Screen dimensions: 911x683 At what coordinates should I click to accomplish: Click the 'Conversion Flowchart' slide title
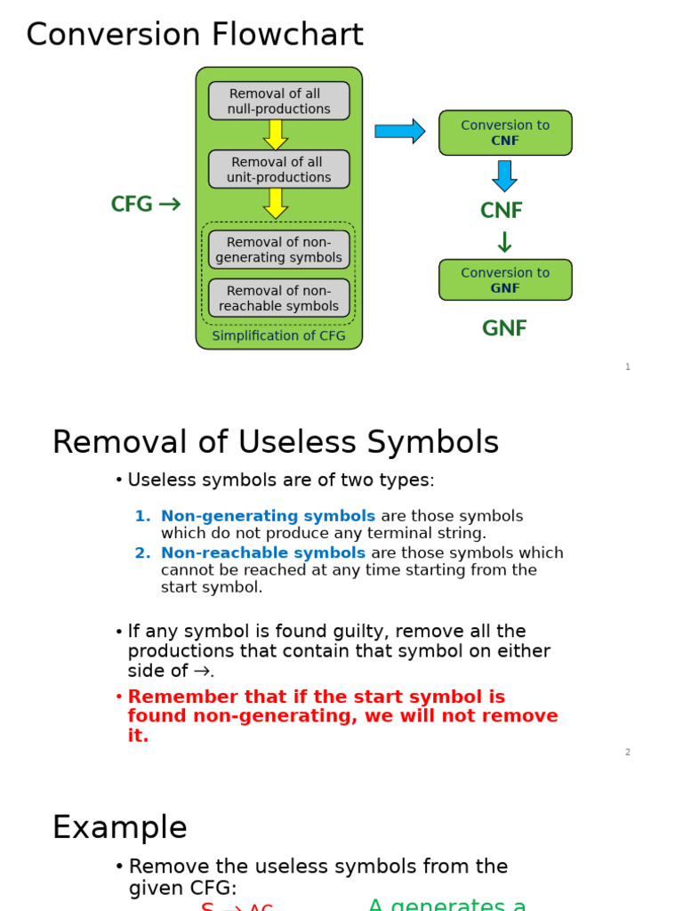[195, 35]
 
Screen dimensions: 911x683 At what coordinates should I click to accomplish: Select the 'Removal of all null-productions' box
[278, 101]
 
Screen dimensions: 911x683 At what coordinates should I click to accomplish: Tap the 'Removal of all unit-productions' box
[278, 169]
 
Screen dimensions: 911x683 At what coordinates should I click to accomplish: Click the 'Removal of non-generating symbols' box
[278, 250]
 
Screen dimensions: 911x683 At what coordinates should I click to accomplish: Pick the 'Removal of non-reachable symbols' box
[278, 298]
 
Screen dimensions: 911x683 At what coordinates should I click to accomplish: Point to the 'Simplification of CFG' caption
[279, 336]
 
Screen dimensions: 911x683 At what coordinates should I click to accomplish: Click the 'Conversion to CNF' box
[505, 133]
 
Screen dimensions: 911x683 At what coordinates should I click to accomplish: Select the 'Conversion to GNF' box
[505, 280]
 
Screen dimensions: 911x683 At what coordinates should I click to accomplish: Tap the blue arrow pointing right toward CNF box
[399, 132]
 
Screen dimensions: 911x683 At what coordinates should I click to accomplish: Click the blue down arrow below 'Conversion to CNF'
[504, 175]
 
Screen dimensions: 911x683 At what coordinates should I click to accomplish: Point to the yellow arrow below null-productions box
[276, 134]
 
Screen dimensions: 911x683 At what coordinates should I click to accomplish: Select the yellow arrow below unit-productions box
[276, 203]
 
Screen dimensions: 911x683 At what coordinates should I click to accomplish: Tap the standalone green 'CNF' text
[502, 211]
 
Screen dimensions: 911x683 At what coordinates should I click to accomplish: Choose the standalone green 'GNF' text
[504, 329]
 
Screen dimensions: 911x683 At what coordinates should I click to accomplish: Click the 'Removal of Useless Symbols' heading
[276, 442]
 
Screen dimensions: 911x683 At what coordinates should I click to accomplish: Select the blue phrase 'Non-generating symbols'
[268, 516]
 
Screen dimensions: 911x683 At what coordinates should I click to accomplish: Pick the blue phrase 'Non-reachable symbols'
[263, 552]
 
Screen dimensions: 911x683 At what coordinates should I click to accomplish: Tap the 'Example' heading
[120, 827]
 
